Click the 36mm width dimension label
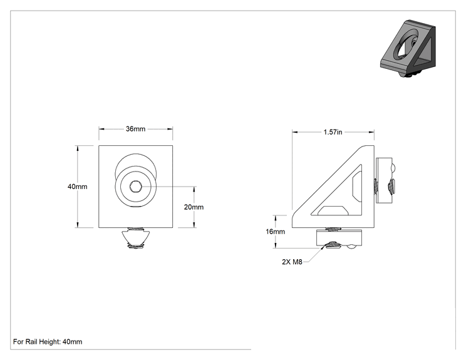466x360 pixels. [x=135, y=129]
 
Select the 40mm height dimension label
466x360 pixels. [x=77, y=187]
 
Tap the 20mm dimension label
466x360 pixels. [x=194, y=207]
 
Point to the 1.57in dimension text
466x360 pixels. [x=333, y=132]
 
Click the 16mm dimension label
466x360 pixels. [x=275, y=232]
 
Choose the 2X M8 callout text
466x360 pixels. [x=292, y=262]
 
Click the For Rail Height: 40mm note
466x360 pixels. [x=48, y=342]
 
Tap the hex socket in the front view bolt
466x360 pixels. [x=136, y=187]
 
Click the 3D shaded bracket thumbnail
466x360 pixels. [x=408, y=49]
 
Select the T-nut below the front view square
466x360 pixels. [x=136, y=238]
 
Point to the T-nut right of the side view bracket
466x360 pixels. [x=385, y=180]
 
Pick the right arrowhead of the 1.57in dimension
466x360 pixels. [x=371, y=132]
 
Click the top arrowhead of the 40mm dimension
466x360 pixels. [x=78, y=148]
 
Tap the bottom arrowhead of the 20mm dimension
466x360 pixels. [x=194, y=225]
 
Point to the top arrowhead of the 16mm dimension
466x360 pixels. [x=276, y=219]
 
